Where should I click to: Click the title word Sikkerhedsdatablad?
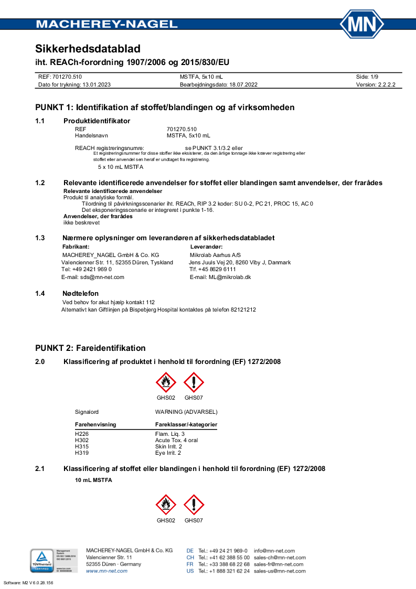88,49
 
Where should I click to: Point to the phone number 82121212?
243,310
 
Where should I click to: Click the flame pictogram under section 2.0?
166,382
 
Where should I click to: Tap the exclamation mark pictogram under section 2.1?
194,505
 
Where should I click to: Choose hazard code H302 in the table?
82,440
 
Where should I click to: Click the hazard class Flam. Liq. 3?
170,434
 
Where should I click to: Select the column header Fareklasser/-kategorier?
186,424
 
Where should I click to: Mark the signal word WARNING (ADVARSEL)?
186,412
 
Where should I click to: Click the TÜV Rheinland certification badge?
41,560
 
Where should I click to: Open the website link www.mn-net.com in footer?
106,571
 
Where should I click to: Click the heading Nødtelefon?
81,293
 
